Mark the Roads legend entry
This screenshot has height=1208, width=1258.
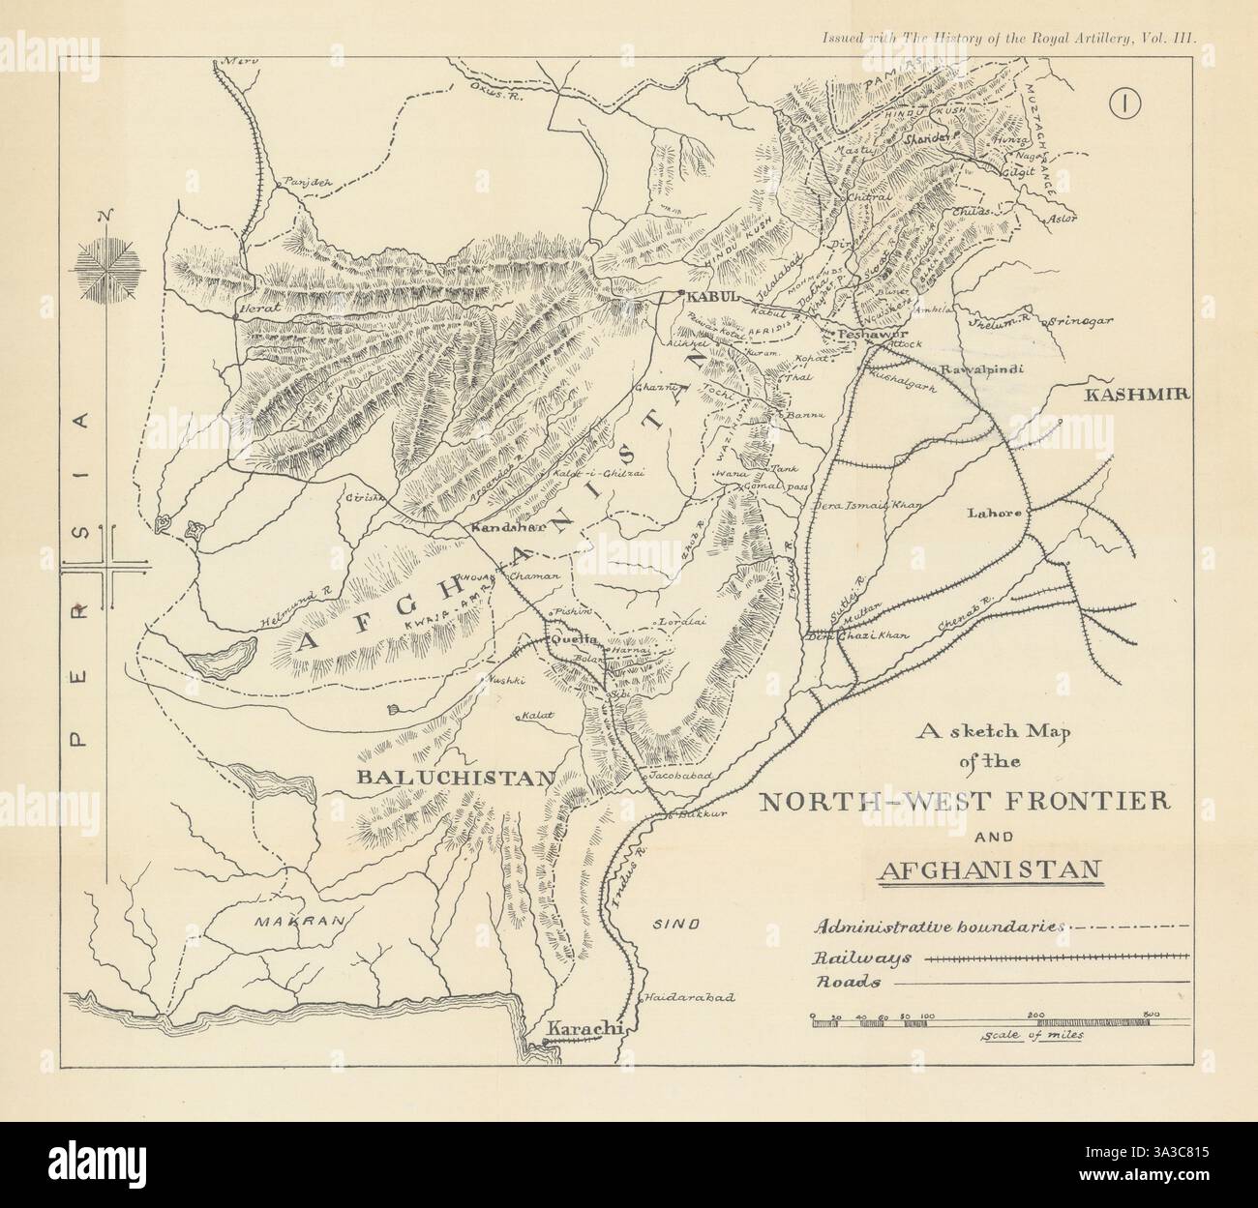tap(846, 982)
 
